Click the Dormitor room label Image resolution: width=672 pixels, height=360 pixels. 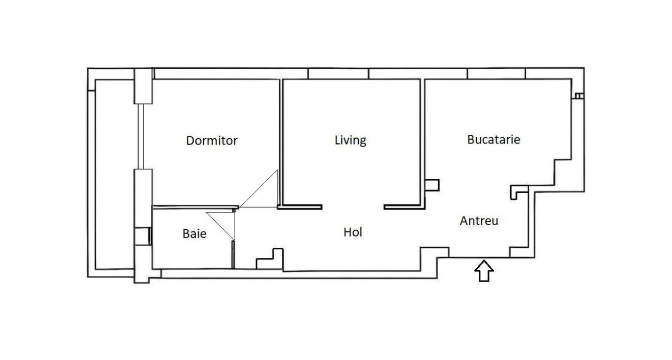point(212,141)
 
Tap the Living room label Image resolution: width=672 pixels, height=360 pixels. point(350,140)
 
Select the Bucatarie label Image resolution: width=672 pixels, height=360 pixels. point(494,140)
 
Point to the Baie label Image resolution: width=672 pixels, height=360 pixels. point(195,233)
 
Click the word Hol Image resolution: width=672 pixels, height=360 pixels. point(353,232)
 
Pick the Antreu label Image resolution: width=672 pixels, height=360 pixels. point(479,221)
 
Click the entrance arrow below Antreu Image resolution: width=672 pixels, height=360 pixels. point(484,271)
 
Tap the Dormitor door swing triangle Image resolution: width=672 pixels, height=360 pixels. point(265,193)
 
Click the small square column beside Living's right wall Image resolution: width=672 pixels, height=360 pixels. point(432,185)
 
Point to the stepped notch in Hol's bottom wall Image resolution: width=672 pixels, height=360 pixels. point(270,259)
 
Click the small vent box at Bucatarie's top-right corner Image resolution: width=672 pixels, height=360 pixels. point(579,96)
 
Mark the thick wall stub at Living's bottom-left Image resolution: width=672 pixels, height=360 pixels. point(300,207)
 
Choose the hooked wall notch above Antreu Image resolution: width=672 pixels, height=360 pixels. point(519,192)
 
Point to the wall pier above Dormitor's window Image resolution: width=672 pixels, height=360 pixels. point(143,86)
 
